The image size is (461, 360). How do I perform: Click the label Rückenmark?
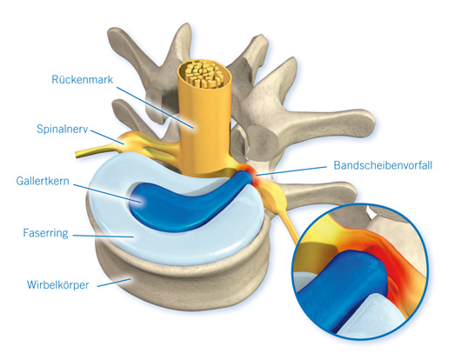83,79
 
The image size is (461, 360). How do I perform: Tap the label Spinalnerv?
63,129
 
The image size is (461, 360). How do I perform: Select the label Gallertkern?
43,181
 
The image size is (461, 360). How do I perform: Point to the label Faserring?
45,233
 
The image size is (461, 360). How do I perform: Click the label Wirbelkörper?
58,284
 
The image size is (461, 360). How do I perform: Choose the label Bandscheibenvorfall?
383,165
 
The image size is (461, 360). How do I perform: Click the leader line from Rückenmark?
155,108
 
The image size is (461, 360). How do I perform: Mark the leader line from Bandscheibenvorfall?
291,171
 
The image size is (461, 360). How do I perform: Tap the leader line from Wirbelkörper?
114,283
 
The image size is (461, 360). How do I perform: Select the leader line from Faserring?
104,236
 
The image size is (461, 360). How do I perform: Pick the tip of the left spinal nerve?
77,155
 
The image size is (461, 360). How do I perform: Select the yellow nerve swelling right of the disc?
274,196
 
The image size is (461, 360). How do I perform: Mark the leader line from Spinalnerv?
107,137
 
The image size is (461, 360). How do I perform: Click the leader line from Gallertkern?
107,193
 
